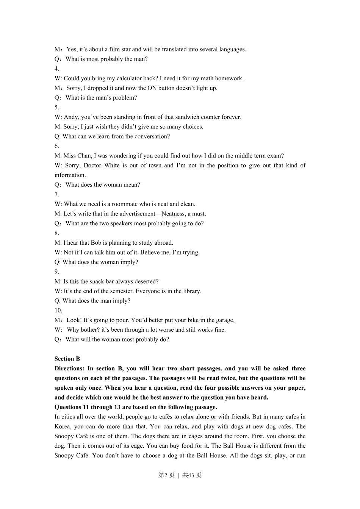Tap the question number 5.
click(56, 107)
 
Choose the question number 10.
click(58, 311)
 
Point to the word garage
click(224, 320)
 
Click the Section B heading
click(67, 359)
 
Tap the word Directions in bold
click(69, 368)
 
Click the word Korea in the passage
click(63, 426)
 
